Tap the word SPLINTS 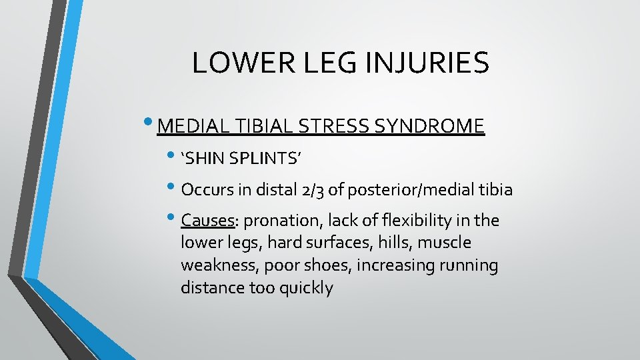[266, 159]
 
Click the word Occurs [207, 190]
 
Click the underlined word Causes [209, 220]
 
